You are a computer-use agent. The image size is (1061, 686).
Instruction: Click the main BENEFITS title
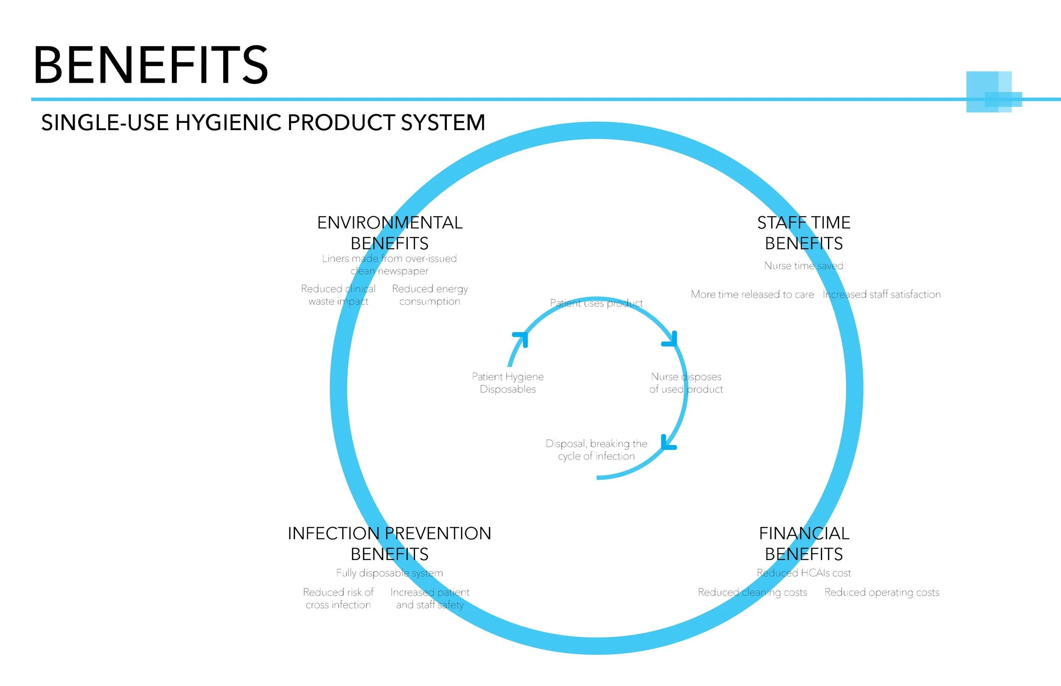[151, 65]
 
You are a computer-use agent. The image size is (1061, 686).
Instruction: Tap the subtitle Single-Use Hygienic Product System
[263, 123]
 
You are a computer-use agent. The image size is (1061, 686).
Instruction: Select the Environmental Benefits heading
[390, 232]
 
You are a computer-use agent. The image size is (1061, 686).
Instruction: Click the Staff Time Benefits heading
[804, 232]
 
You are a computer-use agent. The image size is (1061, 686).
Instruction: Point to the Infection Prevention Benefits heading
[389, 544]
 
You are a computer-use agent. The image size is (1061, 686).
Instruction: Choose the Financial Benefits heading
[804, 544]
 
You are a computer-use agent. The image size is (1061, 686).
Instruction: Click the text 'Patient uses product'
[596, 303]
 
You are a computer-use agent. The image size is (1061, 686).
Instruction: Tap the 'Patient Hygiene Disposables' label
[508, 383]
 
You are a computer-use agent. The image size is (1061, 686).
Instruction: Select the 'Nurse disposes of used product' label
[686, 383]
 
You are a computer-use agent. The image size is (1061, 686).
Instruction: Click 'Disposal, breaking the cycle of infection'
[596, 449]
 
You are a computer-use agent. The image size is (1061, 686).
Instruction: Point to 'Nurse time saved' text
[803, 266]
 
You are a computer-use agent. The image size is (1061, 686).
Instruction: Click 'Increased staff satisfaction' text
[881, 294]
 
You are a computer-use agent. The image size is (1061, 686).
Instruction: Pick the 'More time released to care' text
[752, 294]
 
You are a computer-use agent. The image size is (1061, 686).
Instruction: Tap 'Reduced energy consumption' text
[430, 295]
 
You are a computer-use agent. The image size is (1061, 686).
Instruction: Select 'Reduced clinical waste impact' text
[338, 295]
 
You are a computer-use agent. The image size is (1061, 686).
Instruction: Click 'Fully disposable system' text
[389, 573]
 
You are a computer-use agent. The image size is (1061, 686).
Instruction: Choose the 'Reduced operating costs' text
[881, 592]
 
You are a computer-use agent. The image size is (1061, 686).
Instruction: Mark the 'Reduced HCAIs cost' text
[803, 573]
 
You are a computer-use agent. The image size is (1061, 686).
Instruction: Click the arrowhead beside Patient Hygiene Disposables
[521, 338]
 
